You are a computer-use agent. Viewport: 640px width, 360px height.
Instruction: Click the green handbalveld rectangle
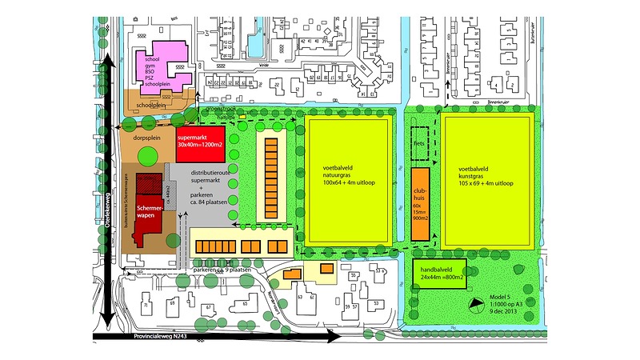click(x=438, y=275)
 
